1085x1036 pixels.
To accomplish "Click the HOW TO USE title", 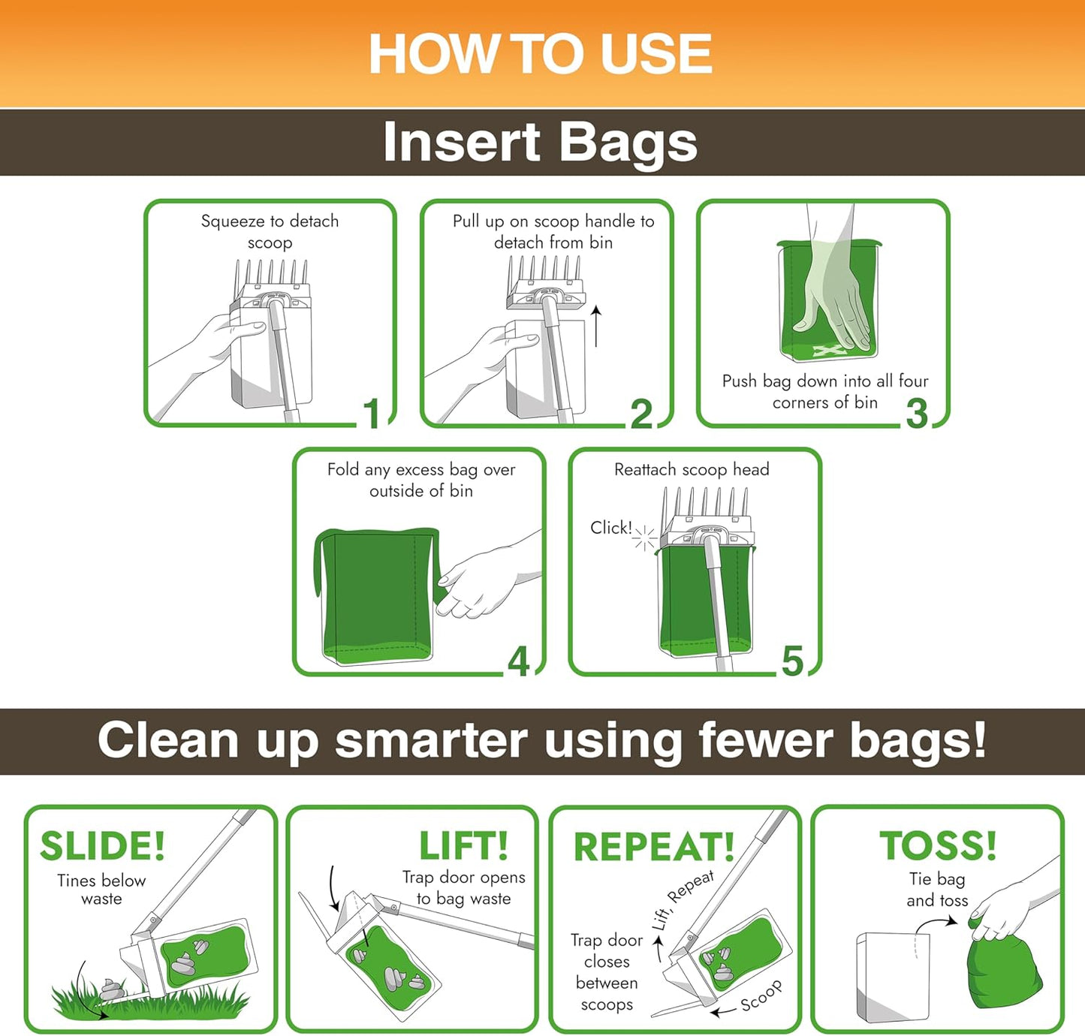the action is pos(541,53).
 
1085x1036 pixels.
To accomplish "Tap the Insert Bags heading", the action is pos(541,142).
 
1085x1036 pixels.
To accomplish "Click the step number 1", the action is pos(372,413).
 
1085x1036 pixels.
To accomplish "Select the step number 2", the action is pos(641,414).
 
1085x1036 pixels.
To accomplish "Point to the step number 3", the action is pos(917,414).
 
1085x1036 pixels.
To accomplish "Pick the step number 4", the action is pos(519,662).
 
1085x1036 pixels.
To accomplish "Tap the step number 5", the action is pos(792,662).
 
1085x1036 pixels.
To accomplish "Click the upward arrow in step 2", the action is pos(596,326).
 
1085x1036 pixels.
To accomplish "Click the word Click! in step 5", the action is pos(611,528).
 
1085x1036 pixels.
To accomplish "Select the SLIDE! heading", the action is pos(103,846).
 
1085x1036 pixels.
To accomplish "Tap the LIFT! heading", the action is pos(463,846).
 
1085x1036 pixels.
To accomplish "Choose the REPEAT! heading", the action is pos(654,847).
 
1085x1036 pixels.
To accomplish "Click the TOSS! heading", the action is pos(938,846).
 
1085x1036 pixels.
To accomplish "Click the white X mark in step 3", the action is pos(827,351).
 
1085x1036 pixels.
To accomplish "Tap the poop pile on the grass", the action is pos(111,989).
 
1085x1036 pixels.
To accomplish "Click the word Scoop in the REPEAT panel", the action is pos(761,995).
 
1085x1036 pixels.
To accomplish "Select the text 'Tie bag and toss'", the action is pos(937,890).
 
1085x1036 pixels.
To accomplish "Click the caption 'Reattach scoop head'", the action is pos(692,469).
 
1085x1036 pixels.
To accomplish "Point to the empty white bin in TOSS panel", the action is pos(893,977).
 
